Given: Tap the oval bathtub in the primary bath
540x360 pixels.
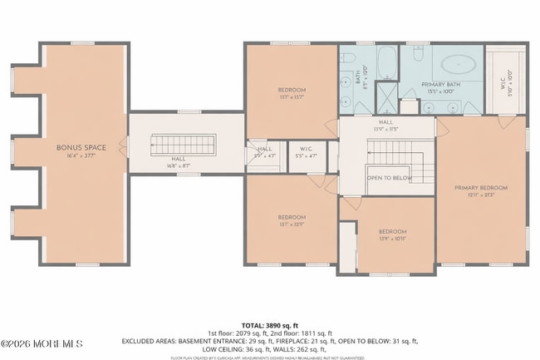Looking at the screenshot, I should [x=455, y=62].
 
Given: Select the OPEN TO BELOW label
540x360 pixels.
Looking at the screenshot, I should [x=390, y=178].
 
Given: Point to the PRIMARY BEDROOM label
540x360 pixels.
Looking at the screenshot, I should [x=480, y=188].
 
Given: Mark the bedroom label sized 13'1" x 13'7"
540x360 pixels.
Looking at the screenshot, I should [x=292, y=90].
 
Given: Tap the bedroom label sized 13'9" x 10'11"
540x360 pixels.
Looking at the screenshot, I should [x=392, y=231].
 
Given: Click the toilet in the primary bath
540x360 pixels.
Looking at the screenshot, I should [x=418, y=54].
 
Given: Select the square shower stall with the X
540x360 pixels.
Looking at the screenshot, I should [x=386, y=91].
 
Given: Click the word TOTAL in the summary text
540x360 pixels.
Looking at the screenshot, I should [x=253, y=325].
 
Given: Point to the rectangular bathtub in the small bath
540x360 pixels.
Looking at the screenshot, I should [x=387, y=61].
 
